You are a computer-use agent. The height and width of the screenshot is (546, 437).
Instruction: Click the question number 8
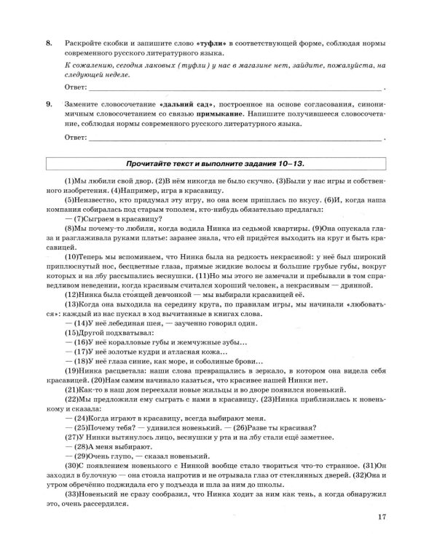pyautogui.click(x=48, y=44)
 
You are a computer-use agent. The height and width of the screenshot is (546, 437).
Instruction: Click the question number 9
pyautogui.click(x=48, y=104)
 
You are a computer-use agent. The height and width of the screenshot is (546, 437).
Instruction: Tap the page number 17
pyautogui.click(x=382, y=518)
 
